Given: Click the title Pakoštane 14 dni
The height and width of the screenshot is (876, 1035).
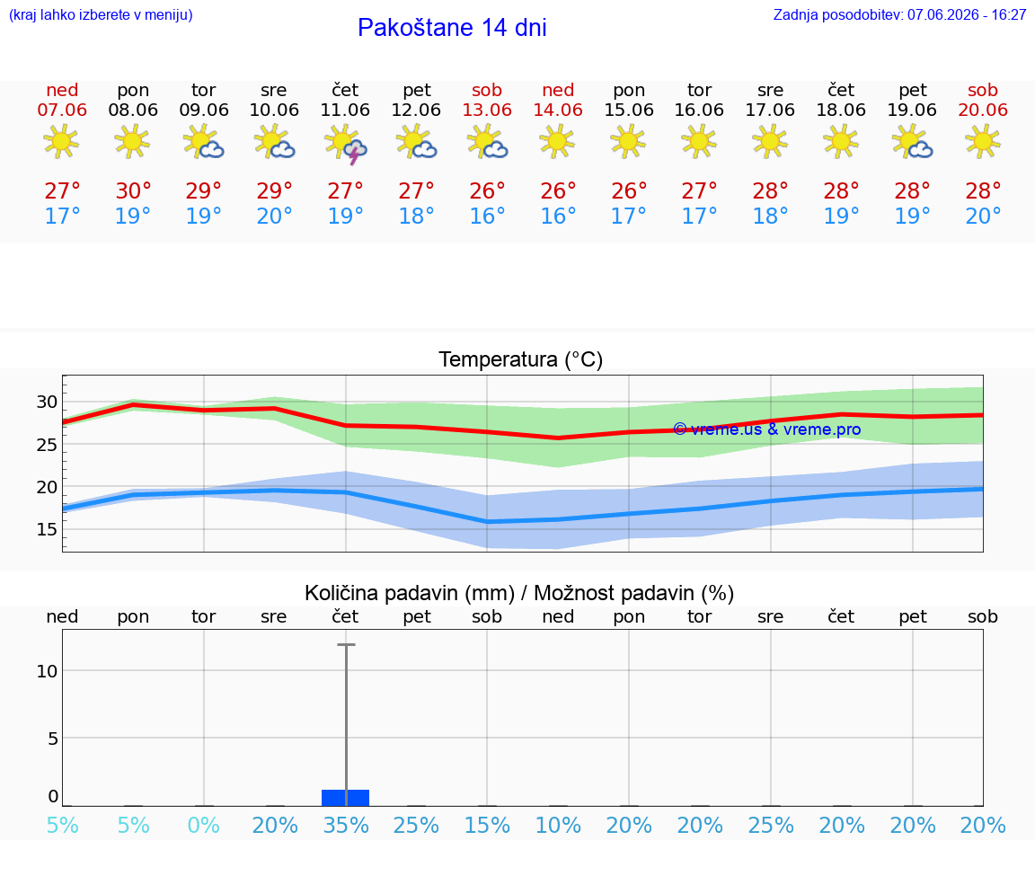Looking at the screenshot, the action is (x=452, y=28).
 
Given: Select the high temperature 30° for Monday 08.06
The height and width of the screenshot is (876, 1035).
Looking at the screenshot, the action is (x=133, y=190).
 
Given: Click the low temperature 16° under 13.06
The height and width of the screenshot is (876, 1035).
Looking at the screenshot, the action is (x=487, y=216).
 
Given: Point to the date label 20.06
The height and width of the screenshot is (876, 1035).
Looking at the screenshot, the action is (x=983, y=110).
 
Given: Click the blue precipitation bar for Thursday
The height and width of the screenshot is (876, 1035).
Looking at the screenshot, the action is (x=345, y=798).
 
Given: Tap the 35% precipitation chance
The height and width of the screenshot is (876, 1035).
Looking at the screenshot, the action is (x=346, y=825).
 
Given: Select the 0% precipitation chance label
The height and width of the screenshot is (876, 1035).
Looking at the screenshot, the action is (x=203, y=825).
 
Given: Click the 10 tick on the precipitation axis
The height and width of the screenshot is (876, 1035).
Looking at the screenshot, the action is (x=47, y=671).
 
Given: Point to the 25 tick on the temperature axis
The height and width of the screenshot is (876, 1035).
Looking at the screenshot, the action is (x=47, y=445).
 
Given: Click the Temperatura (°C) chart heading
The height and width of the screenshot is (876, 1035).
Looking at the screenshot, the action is (x=521, y=359).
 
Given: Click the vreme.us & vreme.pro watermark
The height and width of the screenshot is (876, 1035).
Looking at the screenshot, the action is (x=767, y=429).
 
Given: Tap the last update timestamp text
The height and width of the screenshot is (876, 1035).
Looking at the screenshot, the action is (x=899, y=14).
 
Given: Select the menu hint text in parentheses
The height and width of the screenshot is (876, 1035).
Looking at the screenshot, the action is (x=101, y=14).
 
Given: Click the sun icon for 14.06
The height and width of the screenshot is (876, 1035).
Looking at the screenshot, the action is (x=558, y=141).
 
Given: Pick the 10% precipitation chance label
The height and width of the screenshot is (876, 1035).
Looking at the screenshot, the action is (x=559, y=825).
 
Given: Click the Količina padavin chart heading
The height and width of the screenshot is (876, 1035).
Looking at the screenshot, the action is (x=519, y=593).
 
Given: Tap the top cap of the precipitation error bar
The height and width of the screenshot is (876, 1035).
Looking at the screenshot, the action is (x=346, y=644).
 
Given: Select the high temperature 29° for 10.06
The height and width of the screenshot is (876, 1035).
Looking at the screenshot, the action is (x=274, y=190).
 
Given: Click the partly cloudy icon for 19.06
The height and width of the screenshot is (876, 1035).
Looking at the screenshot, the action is (x=912, y=143).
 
